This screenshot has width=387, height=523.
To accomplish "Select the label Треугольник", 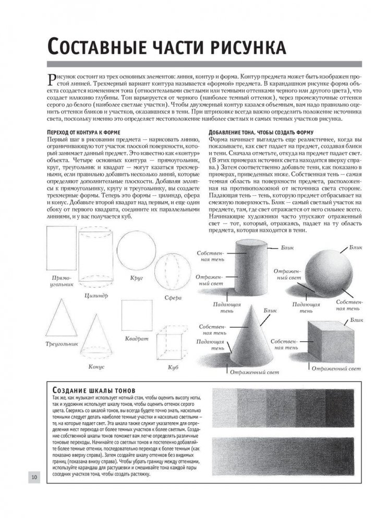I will [x=62, y=345].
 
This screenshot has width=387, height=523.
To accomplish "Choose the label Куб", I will [x=174, y=368].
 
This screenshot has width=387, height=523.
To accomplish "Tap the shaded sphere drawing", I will [x=327, y=271].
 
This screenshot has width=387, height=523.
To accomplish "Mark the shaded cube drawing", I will [x=332, y=340].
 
